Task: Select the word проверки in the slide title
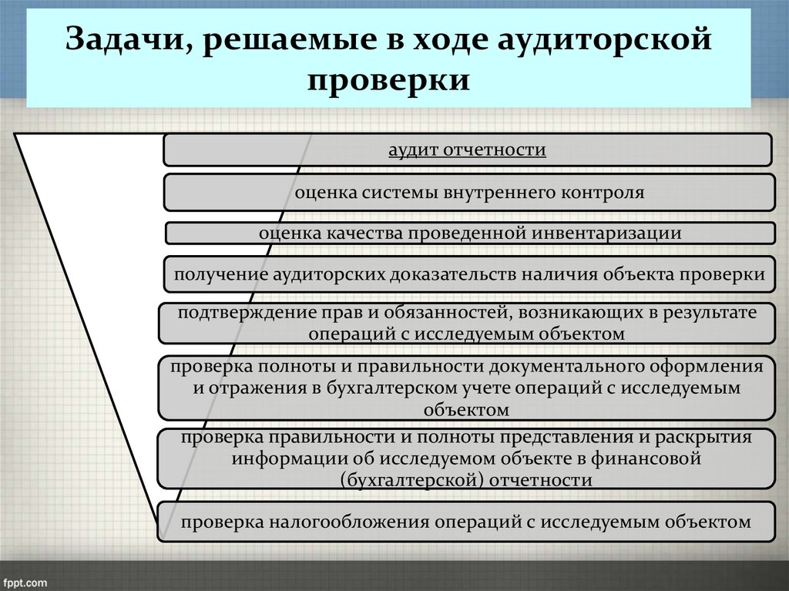389,80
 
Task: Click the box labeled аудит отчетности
467,149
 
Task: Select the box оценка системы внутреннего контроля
468,192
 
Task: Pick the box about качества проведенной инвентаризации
470,233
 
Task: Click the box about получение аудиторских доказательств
468,274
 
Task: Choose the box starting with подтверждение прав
466,323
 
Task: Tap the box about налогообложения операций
466,522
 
